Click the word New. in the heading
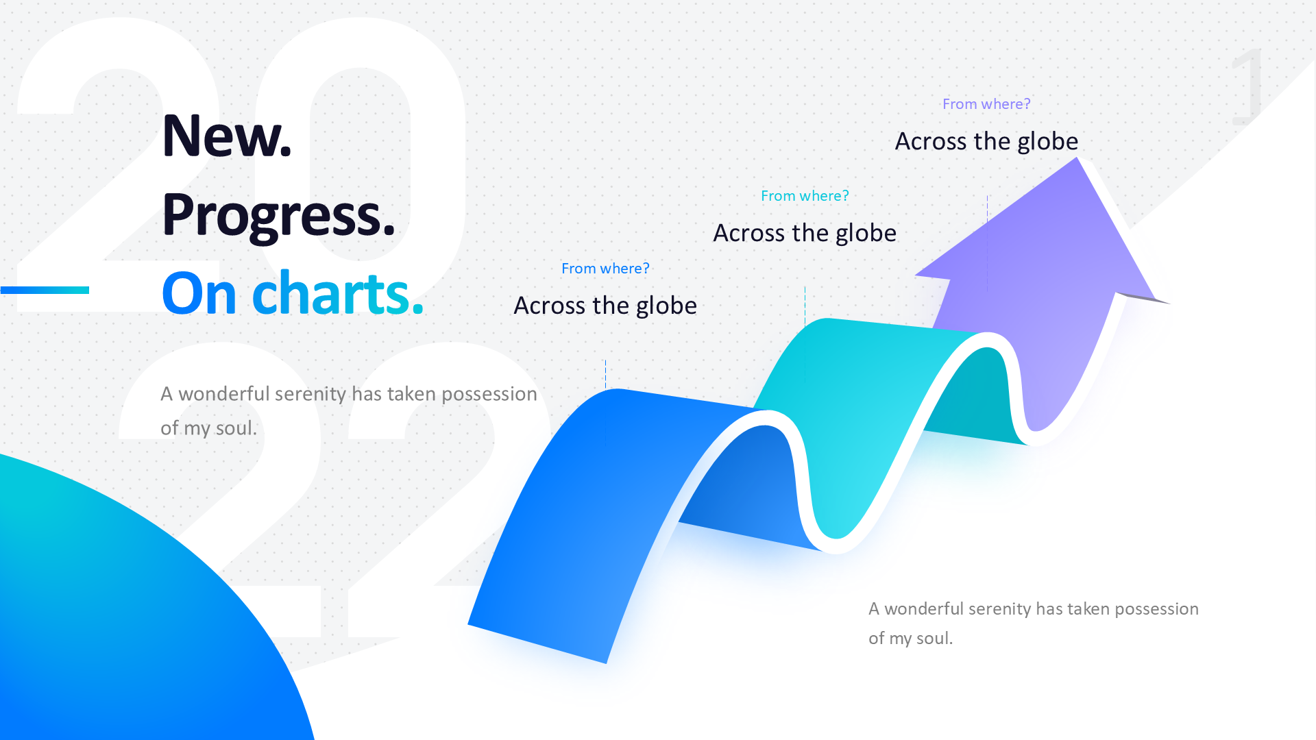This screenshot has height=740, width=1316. coord(227,136)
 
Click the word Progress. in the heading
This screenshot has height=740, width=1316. coord(278,217)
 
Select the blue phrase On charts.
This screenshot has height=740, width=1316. coord(293,293)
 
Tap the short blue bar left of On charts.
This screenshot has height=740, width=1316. coord(45,290)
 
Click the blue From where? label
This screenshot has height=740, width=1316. coord(605,269)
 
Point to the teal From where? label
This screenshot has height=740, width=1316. coord(805,196)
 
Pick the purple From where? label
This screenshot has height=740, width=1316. coord(986,104)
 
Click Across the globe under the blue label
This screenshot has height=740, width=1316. coord(605,306)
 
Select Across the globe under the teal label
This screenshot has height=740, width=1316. coord(805,233)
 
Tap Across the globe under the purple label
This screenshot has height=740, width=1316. coord(986,141)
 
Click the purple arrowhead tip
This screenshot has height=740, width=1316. coord(1077,158)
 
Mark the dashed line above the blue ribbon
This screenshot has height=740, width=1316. coord(605,374)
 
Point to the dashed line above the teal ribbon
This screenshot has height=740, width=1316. coord(805,306)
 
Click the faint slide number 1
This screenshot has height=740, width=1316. coord(1247,86)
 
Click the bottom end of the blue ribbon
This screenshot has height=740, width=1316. coord(537,644)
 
